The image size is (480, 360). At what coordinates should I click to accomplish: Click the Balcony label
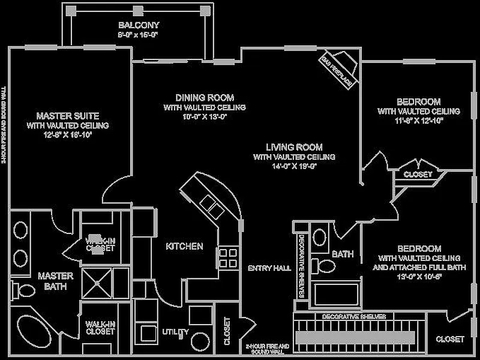(139, 25)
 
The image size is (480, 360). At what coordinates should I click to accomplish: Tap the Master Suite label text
(68, 115)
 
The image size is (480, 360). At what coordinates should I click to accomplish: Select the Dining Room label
(205, 97)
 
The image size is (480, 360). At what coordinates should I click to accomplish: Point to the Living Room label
(294, 147)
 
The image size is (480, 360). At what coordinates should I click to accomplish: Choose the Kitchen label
(184, 246)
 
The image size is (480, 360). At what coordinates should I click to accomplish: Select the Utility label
(175, 332)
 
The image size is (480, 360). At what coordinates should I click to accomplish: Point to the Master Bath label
(55, 281)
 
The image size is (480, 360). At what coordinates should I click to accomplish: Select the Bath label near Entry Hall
(343, 254)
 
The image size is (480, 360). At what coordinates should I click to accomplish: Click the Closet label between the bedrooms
(418, 175)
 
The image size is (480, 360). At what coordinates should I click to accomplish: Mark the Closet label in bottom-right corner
(450, 339)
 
